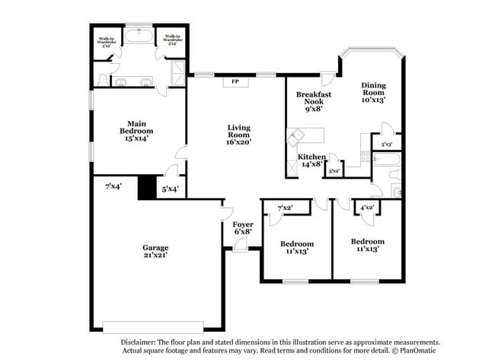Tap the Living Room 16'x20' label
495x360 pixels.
(x=238, y=134)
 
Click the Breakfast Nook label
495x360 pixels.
(x=313, y=100)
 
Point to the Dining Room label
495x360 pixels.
(x=374, y=92)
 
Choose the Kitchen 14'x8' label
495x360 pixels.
(x=312, y=160)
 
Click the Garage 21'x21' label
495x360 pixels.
(x=155, y=251)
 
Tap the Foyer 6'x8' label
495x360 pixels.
(x=242, y=228)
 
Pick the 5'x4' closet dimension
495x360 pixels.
(x=170, y=189)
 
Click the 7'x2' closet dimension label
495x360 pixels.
(x=285, y=208)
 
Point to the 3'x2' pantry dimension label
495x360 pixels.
(x=334, y=171)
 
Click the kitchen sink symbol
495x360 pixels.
(x=295, y=138)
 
